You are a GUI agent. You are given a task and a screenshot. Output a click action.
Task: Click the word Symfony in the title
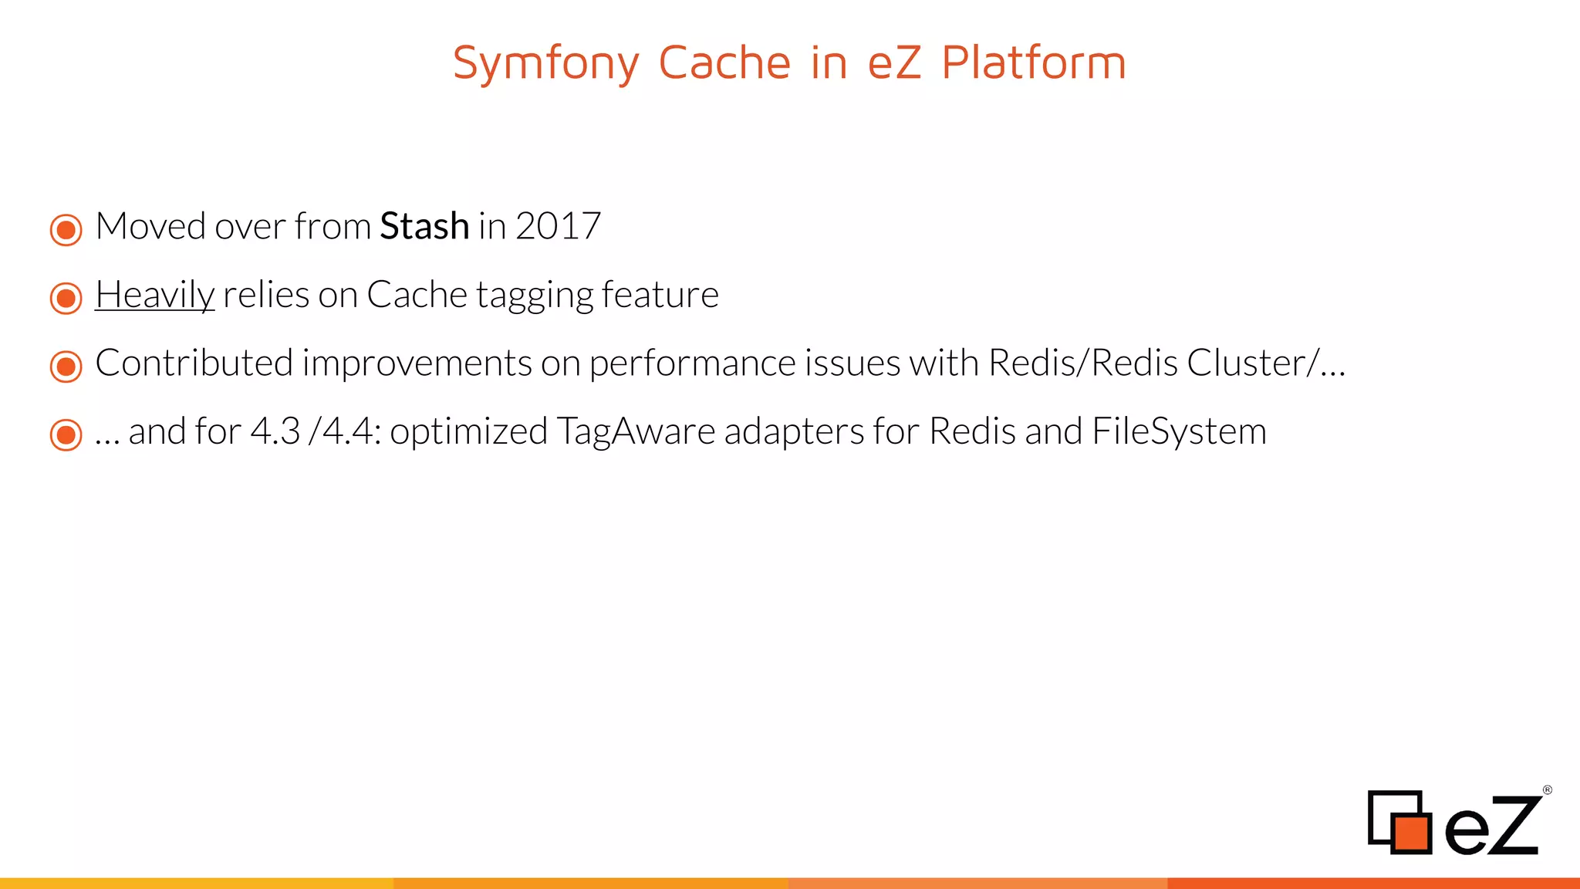pos(545,63)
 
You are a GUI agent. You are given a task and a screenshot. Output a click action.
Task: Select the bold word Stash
pos(424,226)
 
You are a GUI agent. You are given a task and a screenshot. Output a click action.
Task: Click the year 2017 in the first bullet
pos(558,226)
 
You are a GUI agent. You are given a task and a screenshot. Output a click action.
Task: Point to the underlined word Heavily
pos(154,295)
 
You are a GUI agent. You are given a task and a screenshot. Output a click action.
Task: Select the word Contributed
pos(194,363)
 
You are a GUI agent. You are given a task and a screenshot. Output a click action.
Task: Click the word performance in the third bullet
pos(692,363)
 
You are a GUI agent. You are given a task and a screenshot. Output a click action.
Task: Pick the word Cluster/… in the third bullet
pos(1266,363)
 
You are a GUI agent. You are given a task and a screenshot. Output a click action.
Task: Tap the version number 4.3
pos(275,431)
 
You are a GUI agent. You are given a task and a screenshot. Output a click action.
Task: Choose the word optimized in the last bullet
pos(468,431)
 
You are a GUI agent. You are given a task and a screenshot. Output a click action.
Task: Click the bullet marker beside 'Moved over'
pos(66,230)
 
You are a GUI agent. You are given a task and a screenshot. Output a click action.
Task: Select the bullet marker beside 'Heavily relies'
pos(66,298)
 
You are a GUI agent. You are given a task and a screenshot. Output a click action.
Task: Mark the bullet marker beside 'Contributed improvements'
pos(66,367)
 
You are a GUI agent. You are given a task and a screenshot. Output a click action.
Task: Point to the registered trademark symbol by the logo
pos(1547,790)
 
